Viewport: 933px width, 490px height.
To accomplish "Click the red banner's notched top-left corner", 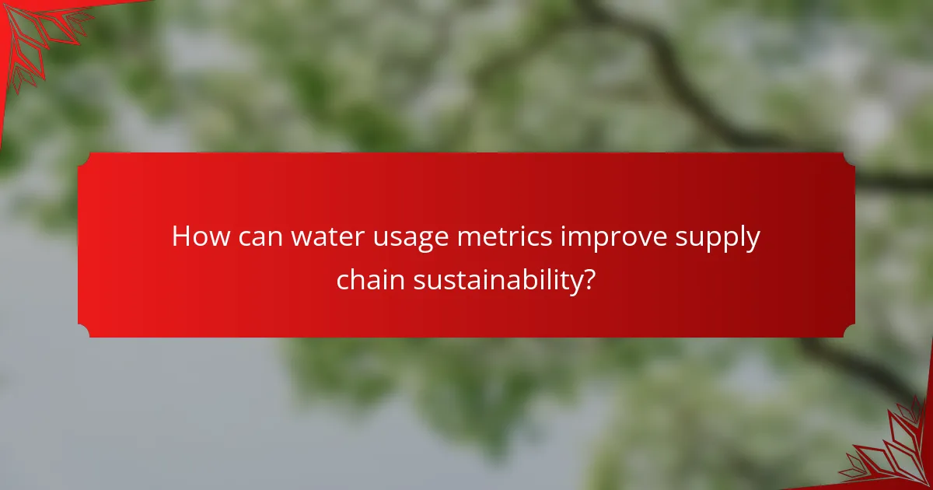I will [84, 158].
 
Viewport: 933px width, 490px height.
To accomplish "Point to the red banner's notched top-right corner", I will [849, 158].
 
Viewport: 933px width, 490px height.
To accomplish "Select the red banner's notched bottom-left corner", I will [84, 331].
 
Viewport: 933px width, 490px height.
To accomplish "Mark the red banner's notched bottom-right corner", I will [849, 331].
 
